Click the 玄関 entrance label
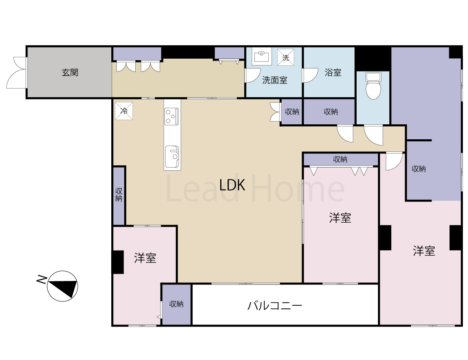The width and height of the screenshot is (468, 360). (x=70, y=72)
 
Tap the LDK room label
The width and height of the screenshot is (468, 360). (x=232, y=185)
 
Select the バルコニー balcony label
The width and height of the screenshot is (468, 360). (x=275, y=305)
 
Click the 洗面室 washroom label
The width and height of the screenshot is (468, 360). (x=275, y=80)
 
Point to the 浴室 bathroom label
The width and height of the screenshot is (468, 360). (x=333, y=72)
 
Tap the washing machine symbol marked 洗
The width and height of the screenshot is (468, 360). (x=286, y=57)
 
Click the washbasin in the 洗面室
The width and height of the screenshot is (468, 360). (x=262, y=57)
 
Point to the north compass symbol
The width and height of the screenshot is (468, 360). (x=63, y=286)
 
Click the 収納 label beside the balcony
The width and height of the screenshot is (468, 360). (x=176, y=304)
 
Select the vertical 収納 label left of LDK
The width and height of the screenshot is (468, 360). (x=118, y=194)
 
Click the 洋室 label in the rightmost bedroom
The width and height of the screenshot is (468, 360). (x=424, y=251)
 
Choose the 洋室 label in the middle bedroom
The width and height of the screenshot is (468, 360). (x=340, y=218)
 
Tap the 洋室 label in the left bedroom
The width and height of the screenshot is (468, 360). (x=145, y=258)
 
